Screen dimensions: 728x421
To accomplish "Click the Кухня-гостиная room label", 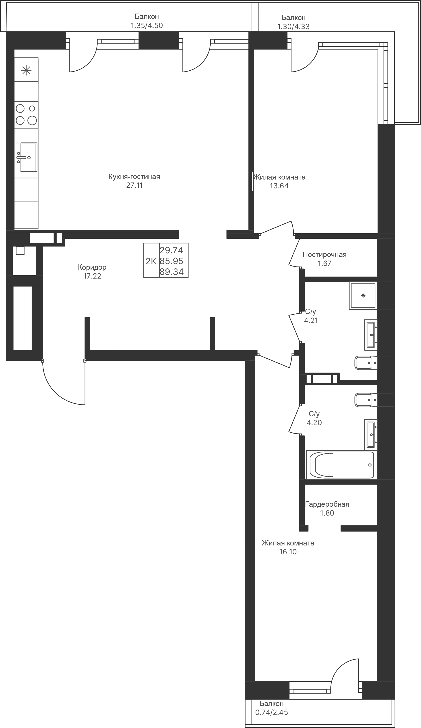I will (x=134, y=177).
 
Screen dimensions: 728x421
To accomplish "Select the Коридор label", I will (x=92, y=267).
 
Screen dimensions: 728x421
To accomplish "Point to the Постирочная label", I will (x=325, y=254).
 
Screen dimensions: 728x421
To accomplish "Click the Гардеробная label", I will (x=327, y=504).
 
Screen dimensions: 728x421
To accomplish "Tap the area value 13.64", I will (x=279, y=186).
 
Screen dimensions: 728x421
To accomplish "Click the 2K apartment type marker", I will (x=151, y=261).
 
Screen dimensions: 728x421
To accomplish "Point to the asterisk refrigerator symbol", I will (x=26, y=70).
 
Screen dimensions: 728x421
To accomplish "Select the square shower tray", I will (x=363, y=296).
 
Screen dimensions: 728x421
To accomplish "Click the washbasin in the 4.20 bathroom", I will (x=371, y=434).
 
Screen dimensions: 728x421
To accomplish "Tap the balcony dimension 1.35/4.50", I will (x=147, y=25).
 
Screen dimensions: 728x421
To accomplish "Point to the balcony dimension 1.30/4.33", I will (x=293, y=26).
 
